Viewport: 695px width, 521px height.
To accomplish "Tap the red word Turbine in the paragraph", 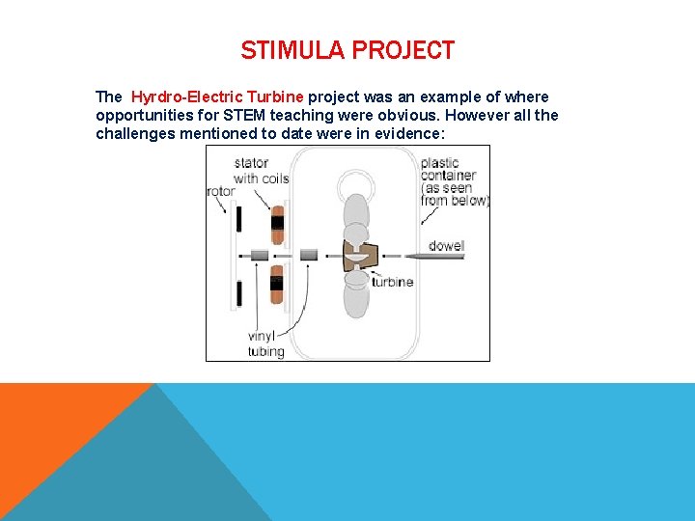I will (275, 97).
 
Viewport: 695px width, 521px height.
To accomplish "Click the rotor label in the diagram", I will (220, 191).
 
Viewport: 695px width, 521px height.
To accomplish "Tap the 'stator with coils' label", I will (261, 170).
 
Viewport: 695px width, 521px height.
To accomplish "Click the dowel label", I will (446, 246).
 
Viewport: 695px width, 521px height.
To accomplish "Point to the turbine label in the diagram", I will (392, 282).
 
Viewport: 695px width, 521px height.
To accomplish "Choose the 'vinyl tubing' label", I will (266, 343).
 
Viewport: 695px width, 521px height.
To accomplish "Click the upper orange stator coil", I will (277, 224).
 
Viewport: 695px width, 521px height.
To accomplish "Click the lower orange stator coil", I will (277, 284).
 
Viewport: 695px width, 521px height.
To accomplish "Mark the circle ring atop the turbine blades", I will (356, 182).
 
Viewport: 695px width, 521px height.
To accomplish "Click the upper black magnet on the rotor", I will (237, 219).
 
